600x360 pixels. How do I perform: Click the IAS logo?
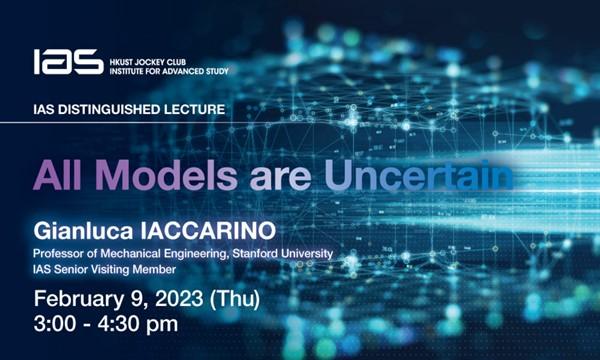(x=67, y=62)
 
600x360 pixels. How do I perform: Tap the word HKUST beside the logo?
(x=125, y=55)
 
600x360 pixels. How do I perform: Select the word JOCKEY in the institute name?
(x=163, y=55)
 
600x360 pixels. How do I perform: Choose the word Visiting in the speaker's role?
(x=124, y=270)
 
